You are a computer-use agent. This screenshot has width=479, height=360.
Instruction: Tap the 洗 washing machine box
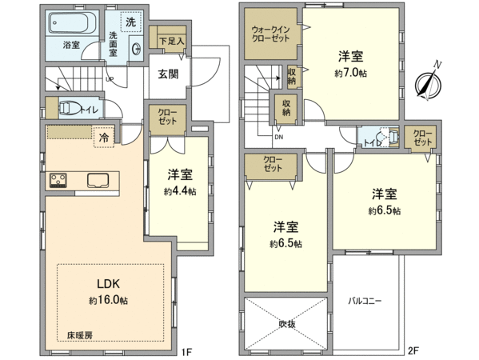click(x=131, y=22)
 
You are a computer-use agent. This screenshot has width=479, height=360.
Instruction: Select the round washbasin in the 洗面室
click(x=136, y=49)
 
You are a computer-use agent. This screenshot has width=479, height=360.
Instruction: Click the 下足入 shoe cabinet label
click(x=172, y=42)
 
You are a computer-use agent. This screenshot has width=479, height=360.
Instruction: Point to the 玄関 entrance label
click(x=168, y=74)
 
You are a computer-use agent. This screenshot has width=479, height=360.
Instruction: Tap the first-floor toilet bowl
click(x=69, y=109)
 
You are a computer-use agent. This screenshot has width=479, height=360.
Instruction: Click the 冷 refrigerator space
click(x=104, y=138)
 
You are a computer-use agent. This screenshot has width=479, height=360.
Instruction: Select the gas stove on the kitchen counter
click(x=58, y=180)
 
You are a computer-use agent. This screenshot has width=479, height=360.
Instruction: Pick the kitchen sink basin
click(x=98, y=180)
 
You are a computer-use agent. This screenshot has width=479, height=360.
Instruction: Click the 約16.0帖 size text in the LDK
click(x=109, y=301)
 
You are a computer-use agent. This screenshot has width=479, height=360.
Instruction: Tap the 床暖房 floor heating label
click(x=79, y=335)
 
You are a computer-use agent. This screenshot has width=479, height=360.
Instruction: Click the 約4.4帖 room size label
click(x=180, y=191)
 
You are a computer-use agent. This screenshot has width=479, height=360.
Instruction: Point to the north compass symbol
click(x=429, y=82)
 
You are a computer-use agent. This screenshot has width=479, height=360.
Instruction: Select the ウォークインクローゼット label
click(x=270, y=34)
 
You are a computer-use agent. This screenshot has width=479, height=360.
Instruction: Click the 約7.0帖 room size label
click(x=351, y=74)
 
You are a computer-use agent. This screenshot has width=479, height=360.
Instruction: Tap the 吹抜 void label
click(x=287, y=324)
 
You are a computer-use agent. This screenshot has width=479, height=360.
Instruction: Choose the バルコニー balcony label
click(x=365, y=301)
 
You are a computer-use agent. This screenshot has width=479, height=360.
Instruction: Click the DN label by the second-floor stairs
click(x=278, y=138)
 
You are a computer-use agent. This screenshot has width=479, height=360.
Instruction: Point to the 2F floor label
click(x=413, y=351)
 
